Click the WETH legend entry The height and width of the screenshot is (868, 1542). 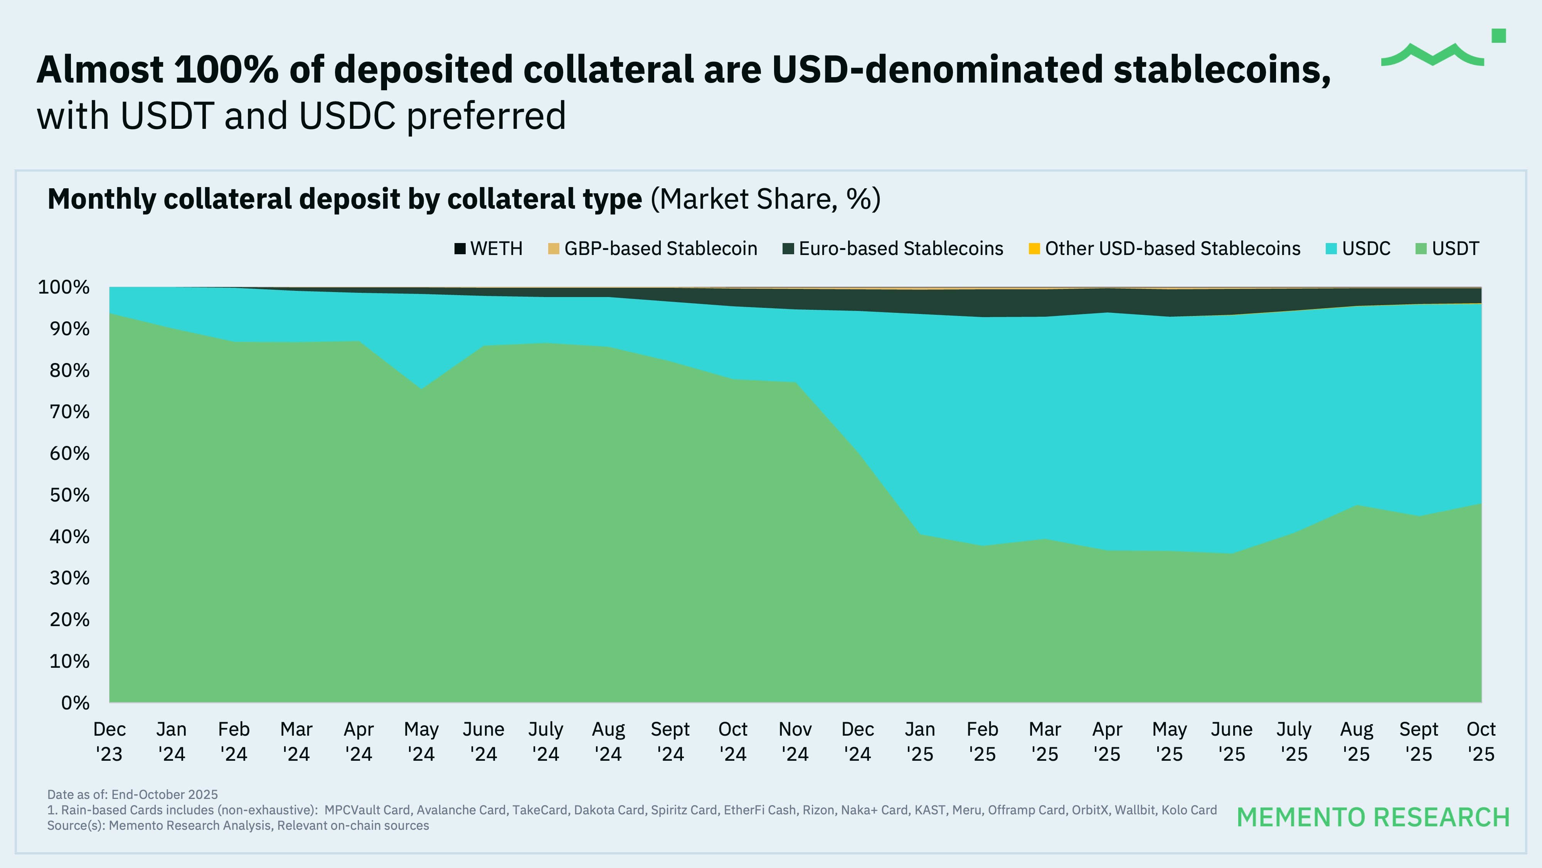488,248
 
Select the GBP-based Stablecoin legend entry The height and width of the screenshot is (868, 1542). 653,248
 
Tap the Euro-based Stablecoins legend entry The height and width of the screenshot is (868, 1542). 892,248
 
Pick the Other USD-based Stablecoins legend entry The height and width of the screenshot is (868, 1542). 1164,248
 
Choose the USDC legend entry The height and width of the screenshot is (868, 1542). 1358,248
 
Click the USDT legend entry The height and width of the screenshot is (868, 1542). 1448,248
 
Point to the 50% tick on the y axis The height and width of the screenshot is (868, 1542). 69,495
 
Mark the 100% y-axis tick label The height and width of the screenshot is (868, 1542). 64,287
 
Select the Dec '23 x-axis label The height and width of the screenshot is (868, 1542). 109,741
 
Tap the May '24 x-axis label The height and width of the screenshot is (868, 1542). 421,741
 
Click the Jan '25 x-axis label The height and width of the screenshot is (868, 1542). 920,741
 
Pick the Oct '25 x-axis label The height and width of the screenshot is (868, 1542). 1481,741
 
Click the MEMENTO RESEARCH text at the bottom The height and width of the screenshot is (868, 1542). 1373,817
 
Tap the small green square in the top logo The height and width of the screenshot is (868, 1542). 1498,36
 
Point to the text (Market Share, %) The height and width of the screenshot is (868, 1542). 765,199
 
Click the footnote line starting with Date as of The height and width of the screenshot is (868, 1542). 132,794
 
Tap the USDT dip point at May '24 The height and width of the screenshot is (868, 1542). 421,389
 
